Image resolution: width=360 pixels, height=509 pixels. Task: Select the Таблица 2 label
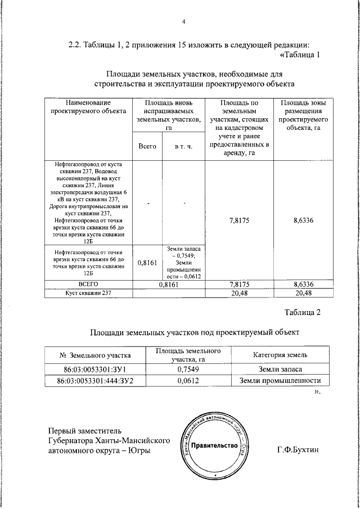coord(302,313)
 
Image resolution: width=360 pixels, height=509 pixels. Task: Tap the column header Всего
coord(147,146)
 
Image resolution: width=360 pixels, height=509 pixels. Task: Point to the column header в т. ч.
coord(183,146)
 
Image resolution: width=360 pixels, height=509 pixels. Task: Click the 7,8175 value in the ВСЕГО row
coord(240,285)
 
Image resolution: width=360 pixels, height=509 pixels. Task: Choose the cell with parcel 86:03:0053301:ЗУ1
coord(94,369)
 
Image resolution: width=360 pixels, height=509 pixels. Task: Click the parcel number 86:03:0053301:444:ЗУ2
coord(94,381)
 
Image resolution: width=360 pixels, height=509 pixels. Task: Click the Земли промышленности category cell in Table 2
coord(280,381)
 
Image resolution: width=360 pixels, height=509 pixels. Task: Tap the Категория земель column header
coord(280,355)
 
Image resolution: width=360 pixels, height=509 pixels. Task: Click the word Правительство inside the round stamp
coord(213,446)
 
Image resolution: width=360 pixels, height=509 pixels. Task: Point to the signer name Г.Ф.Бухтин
coord(298,451)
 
